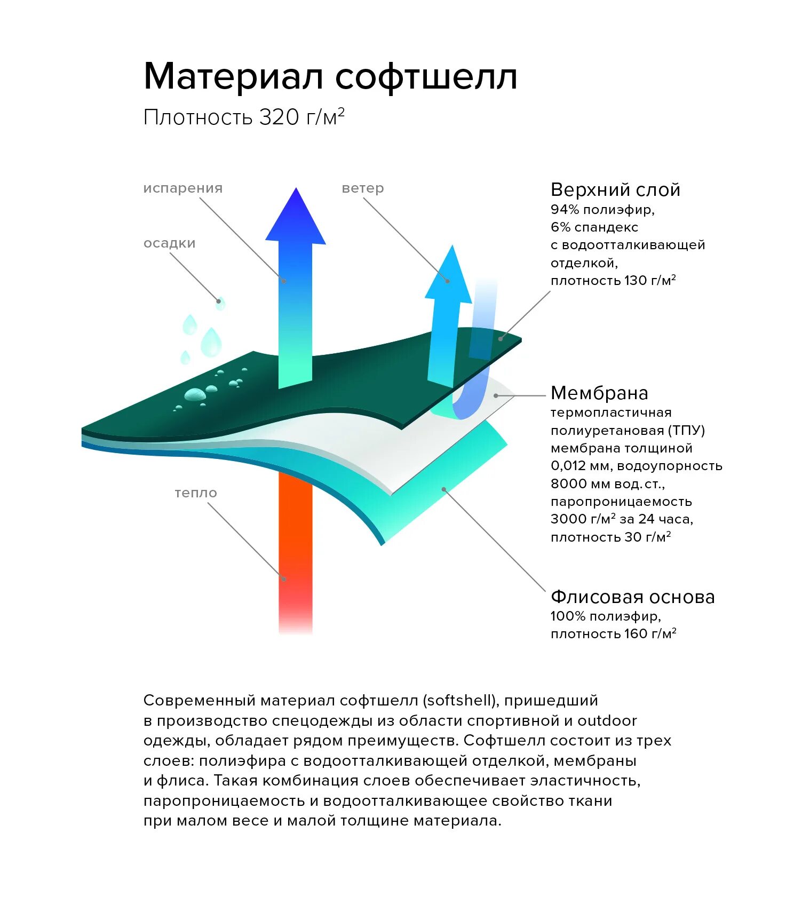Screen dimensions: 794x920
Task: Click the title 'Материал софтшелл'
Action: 330,77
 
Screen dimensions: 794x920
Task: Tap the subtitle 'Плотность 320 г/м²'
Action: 244,117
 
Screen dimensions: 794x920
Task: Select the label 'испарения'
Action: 183,188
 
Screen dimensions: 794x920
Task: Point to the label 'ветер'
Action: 363,188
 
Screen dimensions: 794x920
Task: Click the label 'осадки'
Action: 170,243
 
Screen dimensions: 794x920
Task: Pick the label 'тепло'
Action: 196,493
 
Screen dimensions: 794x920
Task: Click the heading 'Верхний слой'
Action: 615,190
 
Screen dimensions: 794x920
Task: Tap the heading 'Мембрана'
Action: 599,393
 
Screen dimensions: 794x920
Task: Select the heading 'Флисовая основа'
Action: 632,597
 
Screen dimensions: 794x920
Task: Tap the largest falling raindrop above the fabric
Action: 211,342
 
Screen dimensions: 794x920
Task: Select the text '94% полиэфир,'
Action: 602,210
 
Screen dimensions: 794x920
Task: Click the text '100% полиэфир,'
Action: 606,616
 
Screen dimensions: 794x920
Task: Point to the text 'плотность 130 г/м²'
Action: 613,281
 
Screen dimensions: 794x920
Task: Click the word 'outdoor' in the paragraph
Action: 607,721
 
